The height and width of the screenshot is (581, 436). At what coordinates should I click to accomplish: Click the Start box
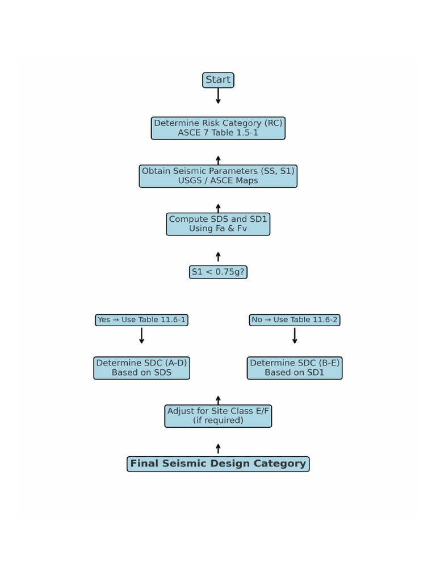pyautogui.click(x=218, y=80)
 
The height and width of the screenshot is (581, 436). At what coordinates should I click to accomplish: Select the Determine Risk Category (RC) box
pyautogui.click(x=218, y=128)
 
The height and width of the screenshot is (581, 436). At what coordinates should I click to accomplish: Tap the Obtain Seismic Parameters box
pyautogui.click(x=218, y=176)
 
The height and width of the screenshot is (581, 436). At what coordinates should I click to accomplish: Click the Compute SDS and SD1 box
pyautogui.click(x=218, y=224)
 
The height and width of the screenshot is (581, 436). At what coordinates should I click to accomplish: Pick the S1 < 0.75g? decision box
pyautogui.click(x=218, y=272)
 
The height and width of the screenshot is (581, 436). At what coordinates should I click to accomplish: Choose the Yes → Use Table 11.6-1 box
pyautogui.click(x=141, y=320)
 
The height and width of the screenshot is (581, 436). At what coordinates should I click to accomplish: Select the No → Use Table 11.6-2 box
pyautogui.click(x=295, y=320)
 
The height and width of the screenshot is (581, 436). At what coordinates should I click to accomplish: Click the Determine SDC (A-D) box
pyautogui.click(x=141, y=368)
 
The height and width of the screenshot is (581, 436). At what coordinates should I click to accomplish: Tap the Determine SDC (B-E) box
pyautogui.click(x=295, y=368)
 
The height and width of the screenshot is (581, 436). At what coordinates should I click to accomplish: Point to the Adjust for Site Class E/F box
pyautogui.click(x=218, y=416)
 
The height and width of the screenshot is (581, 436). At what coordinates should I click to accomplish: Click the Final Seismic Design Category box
pyautogui.click(x=218, y=464)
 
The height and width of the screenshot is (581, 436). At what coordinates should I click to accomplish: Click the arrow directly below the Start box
pyautogui.click(x=218, y=96)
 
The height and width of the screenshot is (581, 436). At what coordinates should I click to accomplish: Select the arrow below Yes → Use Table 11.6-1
pyautogui.click(x=141, y=335)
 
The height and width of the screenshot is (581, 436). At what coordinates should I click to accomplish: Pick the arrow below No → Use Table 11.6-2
pyautogui.click(x=295, y=335)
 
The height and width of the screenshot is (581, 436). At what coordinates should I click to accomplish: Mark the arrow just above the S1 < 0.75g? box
pyautogui.click(x=218, y=257)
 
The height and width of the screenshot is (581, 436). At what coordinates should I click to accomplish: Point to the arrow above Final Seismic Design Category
pyautogui.click(x=218, y=449)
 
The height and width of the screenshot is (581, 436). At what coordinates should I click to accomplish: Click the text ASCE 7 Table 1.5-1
pyautogui.click(x=218, y=133)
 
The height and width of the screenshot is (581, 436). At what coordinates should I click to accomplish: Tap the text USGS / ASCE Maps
pyautogui.click(x=218, y=181)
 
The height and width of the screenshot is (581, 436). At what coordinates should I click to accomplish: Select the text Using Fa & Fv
pyautogui.click(x=218, y=229)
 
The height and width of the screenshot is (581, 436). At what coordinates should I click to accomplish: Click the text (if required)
pyautogui.click(x=218, y=420)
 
